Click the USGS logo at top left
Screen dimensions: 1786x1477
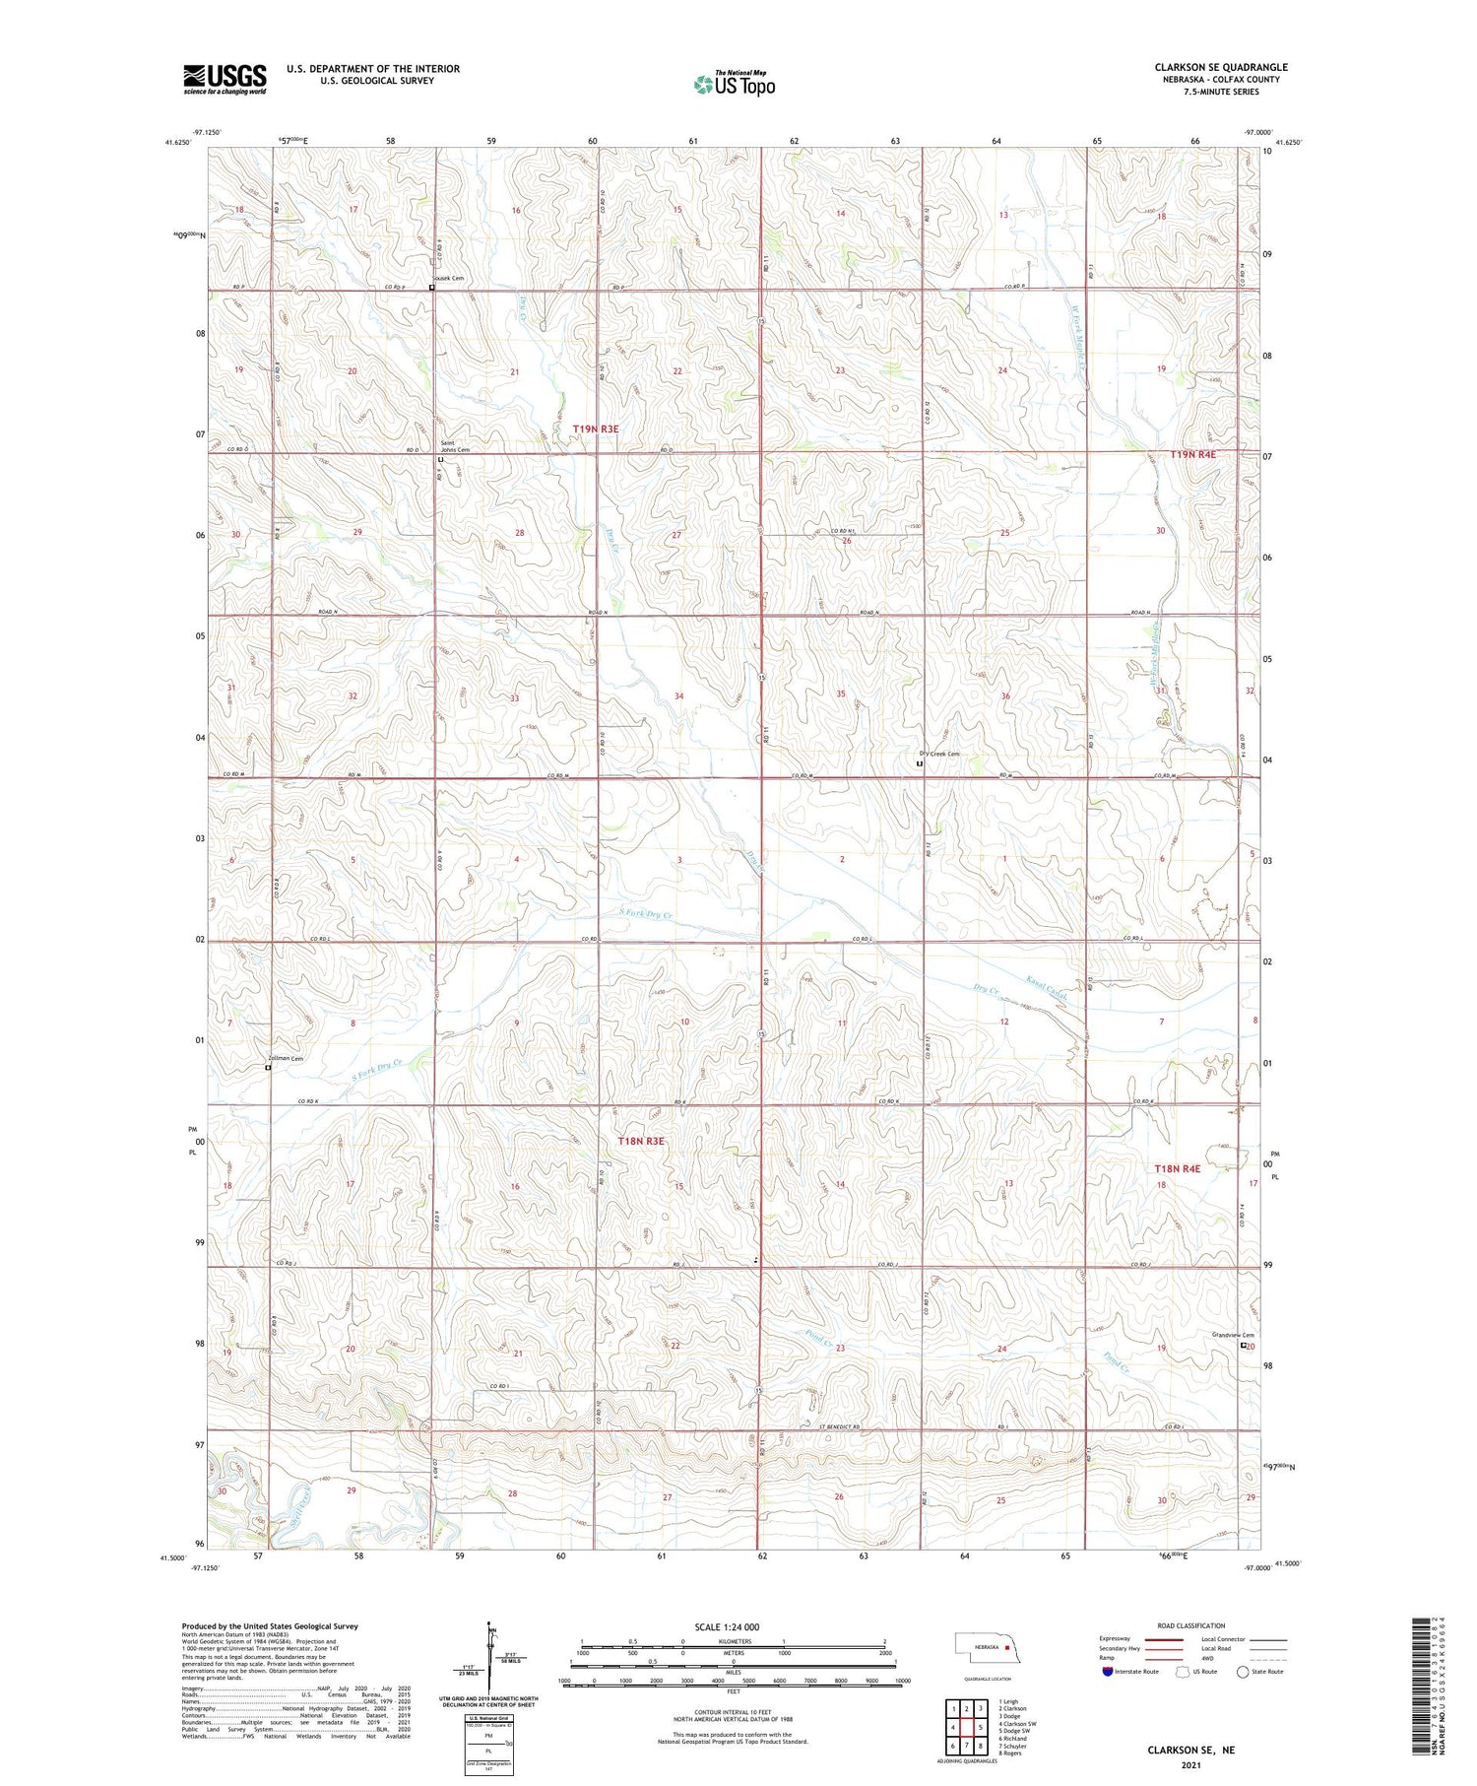[x=225, y=79]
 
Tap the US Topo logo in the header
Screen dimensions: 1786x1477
[x=734, y=85]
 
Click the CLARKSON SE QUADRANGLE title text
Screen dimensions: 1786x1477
[x=1221, y=67]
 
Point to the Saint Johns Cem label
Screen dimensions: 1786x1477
[x=455, y=446]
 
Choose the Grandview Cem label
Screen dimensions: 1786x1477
[x=1231, y=1336]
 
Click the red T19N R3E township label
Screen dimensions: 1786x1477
[x=596, y=430]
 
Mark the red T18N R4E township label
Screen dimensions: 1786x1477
[x=1178, y=1168]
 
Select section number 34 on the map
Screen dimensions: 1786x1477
[x=678, y=696]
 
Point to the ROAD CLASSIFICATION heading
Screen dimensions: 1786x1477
[x=1190, y=1625]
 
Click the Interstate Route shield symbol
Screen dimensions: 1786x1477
[x=1110, y=1671]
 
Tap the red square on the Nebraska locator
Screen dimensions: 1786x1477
[x=1007, y=1646]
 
